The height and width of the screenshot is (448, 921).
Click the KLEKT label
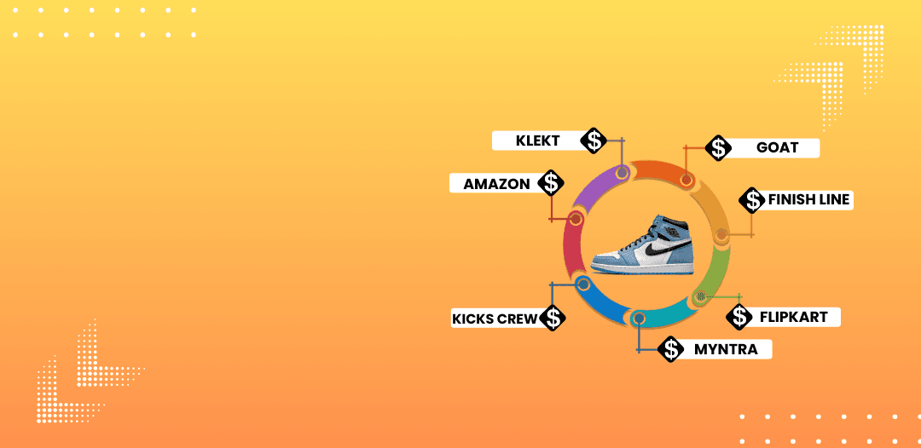click(538, 141)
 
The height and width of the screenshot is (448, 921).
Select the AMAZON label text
click(496, 183)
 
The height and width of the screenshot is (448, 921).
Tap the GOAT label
click(777, 147)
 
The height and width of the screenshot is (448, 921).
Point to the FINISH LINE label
click(808, 199)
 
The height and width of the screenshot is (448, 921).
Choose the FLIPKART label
click(793, 317)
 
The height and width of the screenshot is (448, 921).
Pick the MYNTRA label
click(725, 349)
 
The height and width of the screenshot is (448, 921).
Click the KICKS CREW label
click(495, 319)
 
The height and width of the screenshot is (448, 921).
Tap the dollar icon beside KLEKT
click(594, 141)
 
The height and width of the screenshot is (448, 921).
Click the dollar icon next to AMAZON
click(552, 182)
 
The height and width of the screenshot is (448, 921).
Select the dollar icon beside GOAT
click(719, 147)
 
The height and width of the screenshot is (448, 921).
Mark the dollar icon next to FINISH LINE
click(752, 200)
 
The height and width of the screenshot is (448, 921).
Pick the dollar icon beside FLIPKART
click(739, 317)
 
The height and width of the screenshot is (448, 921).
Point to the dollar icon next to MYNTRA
click(673, 349)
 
